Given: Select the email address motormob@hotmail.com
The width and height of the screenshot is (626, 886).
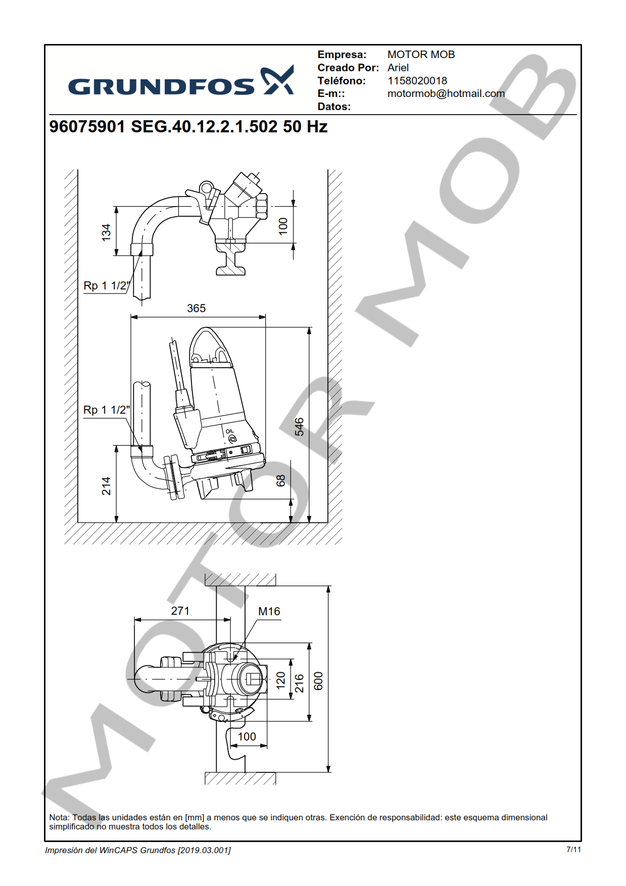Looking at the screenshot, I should click(446, 93).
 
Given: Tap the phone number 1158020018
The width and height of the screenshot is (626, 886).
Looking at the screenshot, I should click(417, 81).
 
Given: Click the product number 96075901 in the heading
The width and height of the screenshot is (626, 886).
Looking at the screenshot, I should click(87, 127).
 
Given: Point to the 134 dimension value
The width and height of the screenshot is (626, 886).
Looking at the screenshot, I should click(106, 232).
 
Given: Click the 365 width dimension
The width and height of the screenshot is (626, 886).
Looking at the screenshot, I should click(196, 308).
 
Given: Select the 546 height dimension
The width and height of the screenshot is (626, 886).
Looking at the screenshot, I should click(299, 426).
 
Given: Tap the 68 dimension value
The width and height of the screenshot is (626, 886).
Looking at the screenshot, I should click(281, 480).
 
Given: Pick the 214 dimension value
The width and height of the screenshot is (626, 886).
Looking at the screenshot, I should click(106, 486).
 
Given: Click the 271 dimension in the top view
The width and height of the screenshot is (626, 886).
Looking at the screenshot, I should click(180, 611).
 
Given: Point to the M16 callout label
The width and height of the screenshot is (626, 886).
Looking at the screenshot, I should click(269, 611).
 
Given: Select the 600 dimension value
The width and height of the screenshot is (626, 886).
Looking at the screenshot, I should click(318, 680).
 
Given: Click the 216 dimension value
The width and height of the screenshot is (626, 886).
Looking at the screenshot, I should click(300, 683).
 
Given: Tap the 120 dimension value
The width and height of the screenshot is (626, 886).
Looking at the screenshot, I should click(281, 680).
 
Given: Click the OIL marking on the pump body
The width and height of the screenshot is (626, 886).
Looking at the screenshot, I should click(230, 431).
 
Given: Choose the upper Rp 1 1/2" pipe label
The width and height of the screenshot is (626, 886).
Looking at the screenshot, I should click(107, 286).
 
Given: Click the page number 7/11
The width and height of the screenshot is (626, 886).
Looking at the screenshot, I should click(573, 850).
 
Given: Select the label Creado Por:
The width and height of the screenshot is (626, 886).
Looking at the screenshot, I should click(348, 68).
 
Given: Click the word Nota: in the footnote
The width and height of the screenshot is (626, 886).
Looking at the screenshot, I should click(59, 817).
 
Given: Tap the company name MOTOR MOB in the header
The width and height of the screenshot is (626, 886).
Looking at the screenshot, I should click(421, 55).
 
